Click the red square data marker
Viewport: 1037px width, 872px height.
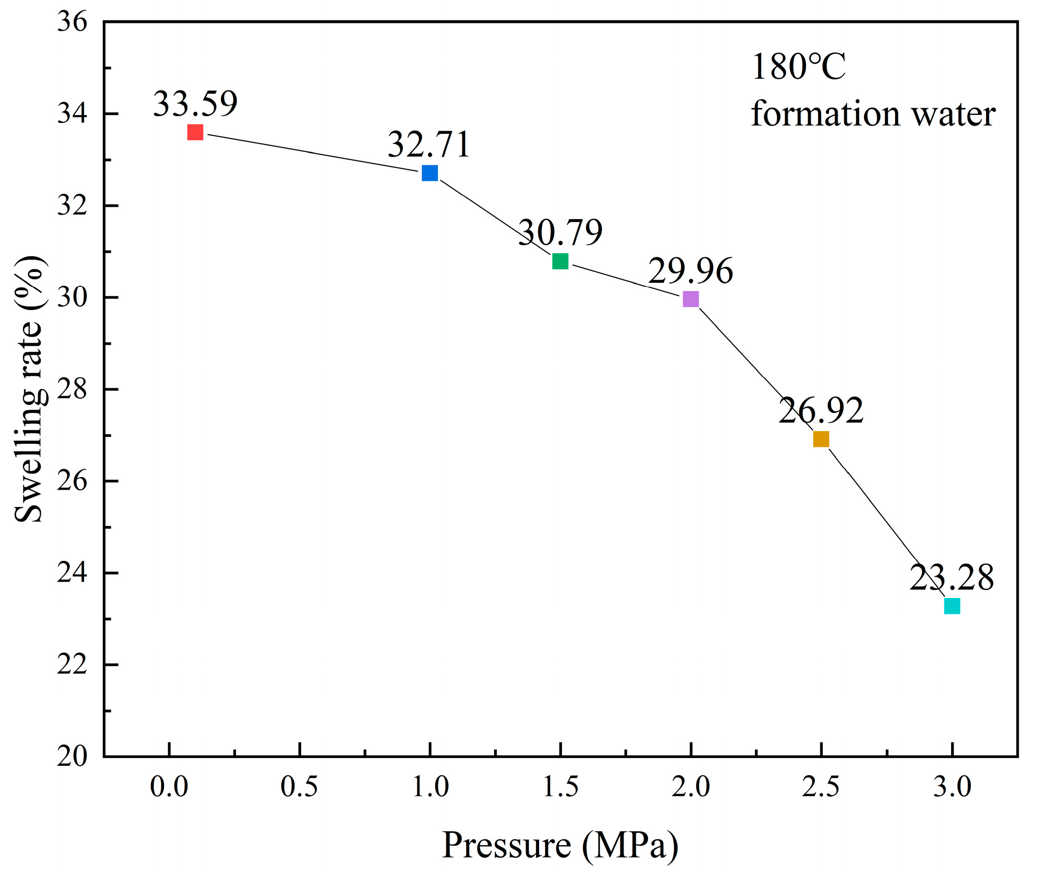pyautogui.click(x=195, y=132)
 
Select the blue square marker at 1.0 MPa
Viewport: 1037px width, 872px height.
pyautogui.click(x=430, y=173)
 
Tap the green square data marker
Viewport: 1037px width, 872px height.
pyautogui.click(x=560, y=261)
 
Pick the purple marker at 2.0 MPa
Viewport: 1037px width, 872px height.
pyautogui.click(x=691, y=299)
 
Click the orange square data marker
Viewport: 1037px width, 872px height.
pyautogui.click(x=821, y=439)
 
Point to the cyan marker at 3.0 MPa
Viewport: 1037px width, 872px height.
pyautogui.click(x=952, y=606)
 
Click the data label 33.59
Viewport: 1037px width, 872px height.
pyautogui.click(x=195, y=104)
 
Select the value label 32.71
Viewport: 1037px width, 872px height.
pyautogui.click(x=429, y=144)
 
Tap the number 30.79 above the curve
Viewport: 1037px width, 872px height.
pyautogui.click(x=560, y=232)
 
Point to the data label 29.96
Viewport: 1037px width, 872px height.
pyautogui.click(x=690, y=270)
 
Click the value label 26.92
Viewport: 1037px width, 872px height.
pyautogui.click(x=821, y=410)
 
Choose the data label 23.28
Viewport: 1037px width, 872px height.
pyautogui.click(x=951, y=578)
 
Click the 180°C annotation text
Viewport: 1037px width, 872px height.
pyautogui.click(x=798, y=67)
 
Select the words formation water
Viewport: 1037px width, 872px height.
pyautogui.click(x=873, y=113)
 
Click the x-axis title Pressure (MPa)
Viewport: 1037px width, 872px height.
pyautogui.click(x=560, y=845)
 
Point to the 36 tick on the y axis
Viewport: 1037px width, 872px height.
pyautogui.click(x=72, y=22)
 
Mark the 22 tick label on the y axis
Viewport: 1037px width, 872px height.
pyautogui.click(x=72, y=665)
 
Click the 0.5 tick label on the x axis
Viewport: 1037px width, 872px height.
pyautogui.click(x=299, y=787)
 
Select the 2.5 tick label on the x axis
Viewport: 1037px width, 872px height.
pyautogui.click(x=821, y=787)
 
